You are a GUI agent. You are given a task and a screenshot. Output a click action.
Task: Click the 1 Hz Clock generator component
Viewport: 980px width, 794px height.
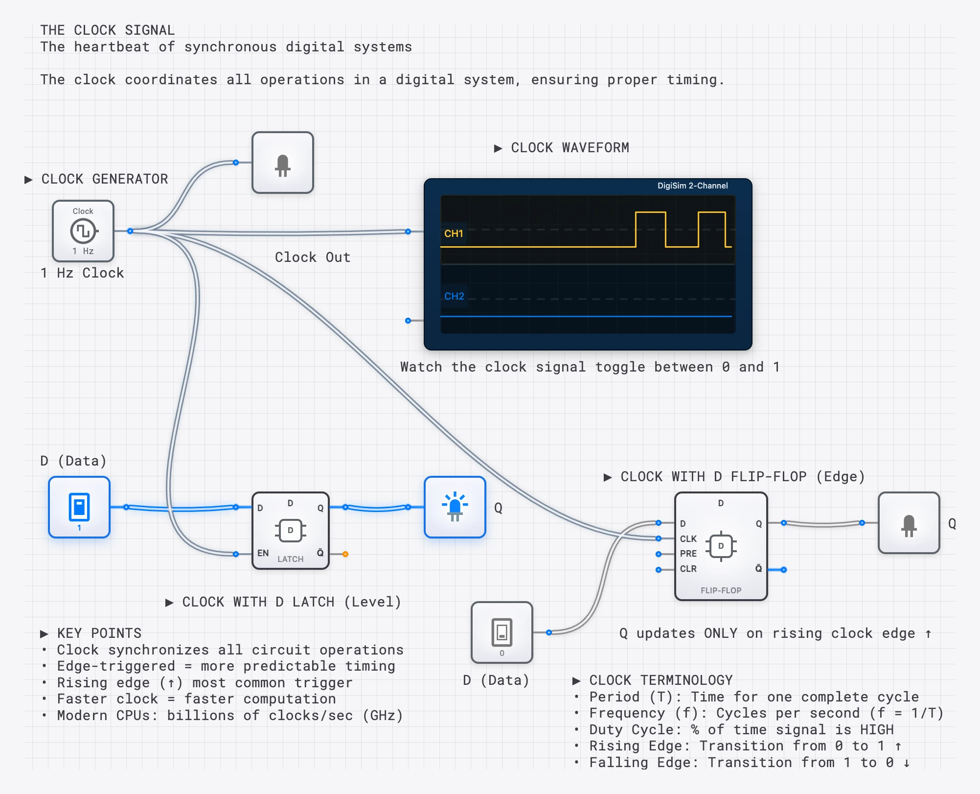(83, 231)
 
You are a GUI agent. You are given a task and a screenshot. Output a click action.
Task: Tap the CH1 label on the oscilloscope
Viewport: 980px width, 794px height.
(454, 234)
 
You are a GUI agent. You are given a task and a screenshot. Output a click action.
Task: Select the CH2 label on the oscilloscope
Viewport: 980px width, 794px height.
(454, 296)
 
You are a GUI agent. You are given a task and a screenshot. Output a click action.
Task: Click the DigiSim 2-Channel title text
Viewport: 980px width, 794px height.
(692, 186)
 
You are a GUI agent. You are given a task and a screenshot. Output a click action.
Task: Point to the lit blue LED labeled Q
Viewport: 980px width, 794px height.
(455, 507)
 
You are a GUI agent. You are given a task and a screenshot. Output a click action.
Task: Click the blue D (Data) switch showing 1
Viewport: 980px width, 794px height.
(79, 507)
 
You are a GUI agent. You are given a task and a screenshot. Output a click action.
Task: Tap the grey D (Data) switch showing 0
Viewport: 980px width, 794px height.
(502, 632)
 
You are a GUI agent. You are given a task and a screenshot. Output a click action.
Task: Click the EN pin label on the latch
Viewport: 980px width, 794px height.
(263, 553)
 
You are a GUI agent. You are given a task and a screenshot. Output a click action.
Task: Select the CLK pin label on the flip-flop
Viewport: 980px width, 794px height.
(688, 538)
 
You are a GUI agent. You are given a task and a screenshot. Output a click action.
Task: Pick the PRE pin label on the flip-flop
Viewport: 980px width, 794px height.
(688, 554)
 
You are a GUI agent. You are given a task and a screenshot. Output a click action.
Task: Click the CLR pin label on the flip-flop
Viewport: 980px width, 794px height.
(688, 569)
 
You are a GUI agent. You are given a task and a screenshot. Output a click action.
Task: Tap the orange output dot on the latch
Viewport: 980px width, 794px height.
(345, 554)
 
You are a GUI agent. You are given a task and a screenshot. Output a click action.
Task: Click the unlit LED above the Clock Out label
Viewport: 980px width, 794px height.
(283, 163)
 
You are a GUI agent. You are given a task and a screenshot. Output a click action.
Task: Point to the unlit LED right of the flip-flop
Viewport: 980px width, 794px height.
(909, 523)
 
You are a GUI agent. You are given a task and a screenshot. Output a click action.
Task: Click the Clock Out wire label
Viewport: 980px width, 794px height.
(313, 257)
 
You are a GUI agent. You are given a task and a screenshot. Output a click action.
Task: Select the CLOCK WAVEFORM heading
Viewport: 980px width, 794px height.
(570, 148)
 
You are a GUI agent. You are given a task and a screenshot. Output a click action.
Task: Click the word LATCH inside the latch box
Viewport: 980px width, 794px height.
(291, 559)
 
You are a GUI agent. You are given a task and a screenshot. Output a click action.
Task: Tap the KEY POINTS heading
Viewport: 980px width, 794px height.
(99, 633)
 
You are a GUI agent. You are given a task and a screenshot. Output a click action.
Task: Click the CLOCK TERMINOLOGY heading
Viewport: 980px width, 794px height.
(661, 680)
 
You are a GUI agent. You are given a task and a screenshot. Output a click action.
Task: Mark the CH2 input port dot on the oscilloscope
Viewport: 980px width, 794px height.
(408, 321)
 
